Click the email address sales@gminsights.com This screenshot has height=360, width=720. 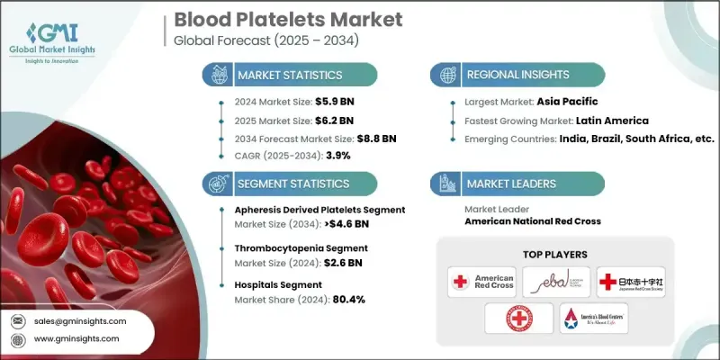pos(81,321)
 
